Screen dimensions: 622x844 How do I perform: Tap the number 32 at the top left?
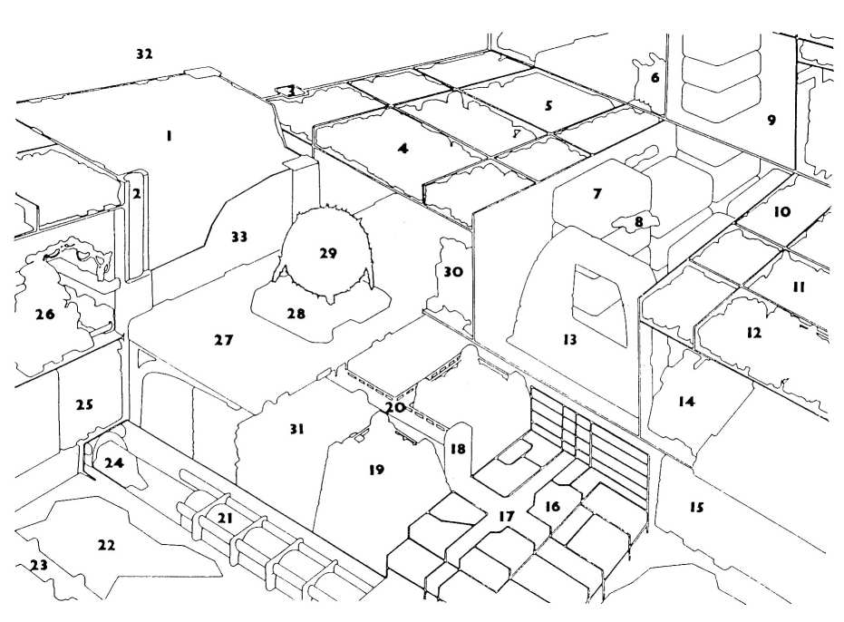(x=144, y=54)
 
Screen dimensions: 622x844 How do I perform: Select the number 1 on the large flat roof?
(x=169, y=135)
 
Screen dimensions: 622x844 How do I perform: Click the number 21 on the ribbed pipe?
(x=226, y=517)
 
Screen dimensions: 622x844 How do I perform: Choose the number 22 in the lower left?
(x=106, y=545)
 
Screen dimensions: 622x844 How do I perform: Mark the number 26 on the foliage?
(x=44, y=315)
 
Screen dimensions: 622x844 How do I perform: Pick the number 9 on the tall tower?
(x=771, y=119)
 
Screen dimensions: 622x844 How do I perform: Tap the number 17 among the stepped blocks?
(x=506, y=516)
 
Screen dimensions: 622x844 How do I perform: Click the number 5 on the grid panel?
(x=548, y=105)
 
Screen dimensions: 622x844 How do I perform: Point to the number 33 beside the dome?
(x=238, y=237)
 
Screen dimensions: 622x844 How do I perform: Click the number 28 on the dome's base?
(x=296, y=314)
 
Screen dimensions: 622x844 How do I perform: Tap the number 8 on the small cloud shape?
(x=638, y=220)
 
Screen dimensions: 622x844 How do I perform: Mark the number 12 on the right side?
(x=753, y=333)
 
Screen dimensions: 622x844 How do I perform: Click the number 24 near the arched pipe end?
(x=113, y=462)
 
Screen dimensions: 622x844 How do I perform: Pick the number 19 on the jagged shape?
(x=377, y=470)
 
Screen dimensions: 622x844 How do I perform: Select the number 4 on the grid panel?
(x=403, y=148)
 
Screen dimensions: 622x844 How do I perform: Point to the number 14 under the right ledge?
(x=686, y=401)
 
